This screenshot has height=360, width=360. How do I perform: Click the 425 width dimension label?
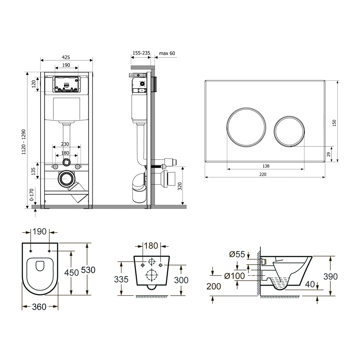click(66, 57)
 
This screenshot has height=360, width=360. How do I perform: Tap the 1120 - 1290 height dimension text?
click(24, 142)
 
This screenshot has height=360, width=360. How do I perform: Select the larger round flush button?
click(246, 127)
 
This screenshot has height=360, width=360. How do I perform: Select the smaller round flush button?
click(289, 131)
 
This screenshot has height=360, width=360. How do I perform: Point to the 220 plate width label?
click(263, 174)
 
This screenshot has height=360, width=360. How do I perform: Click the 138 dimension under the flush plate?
click(266, 166)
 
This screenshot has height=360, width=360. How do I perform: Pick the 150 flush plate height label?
click(334, 123)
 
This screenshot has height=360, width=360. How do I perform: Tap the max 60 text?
click(167, 53)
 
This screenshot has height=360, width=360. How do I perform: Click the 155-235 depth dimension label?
click(141, 53)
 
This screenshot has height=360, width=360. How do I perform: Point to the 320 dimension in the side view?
click(180, 186)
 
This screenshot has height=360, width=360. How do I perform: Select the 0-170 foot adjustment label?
click(31, 194)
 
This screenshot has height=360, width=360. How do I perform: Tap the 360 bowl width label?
click(39, 307)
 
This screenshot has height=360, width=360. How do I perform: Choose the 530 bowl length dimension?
click(88, 270)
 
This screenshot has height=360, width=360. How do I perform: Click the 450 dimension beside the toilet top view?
click(71, 273)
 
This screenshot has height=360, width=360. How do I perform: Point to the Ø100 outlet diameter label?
click(234, 276)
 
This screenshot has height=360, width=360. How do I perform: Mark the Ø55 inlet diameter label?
click(237, 255)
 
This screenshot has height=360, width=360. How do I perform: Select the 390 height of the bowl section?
click(330, 277)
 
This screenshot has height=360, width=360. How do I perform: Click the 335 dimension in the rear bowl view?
click(121, 280)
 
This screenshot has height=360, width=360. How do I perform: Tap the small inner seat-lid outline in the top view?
click(40, 266)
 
